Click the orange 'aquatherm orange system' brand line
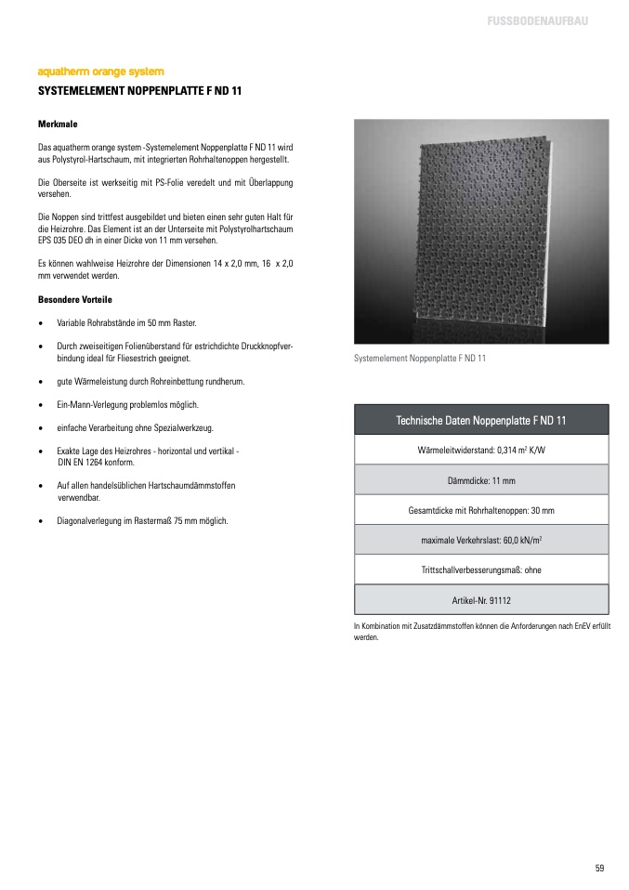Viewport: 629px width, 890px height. (100, 72)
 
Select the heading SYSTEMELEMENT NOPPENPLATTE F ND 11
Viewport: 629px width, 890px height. (139, 91)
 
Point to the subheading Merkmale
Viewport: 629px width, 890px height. (57, 124)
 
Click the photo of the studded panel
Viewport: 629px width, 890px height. (481, 231)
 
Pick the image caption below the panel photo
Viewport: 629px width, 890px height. (420, 358)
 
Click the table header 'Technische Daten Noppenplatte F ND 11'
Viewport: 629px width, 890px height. (481, 421)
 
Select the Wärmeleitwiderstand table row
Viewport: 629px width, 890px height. (481, 450)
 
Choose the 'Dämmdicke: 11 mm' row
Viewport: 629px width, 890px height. (481, 480)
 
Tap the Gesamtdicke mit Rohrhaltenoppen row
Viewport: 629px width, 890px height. (481, 510)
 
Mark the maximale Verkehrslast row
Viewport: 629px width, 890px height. (481, 540)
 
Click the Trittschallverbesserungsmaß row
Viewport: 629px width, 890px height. (481, 569)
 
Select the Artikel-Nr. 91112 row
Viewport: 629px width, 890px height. (481, 599)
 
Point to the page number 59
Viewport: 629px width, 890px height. (599, 868)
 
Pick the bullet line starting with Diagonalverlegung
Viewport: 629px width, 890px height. (142, 520)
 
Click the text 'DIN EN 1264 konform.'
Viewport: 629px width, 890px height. (96, 462)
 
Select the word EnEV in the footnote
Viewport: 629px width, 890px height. (570, 627)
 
